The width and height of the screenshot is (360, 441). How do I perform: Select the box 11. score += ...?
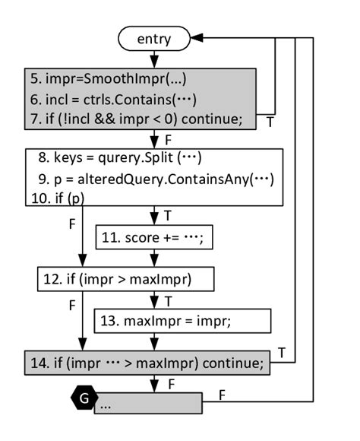coord(153,238)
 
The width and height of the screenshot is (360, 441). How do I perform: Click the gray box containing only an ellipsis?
coord(148,403)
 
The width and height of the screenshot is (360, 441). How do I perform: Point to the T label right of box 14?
coord(282,352)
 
